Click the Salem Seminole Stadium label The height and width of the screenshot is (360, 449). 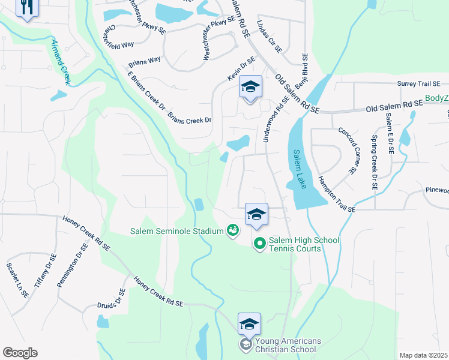[x=176, y=230]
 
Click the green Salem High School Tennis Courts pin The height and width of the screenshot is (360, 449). [x=259, y=244]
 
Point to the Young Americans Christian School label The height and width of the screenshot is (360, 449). [x=287, y=345]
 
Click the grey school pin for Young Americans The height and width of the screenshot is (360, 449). [x=246, y=344]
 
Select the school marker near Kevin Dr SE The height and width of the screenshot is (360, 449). [x=250, y=87]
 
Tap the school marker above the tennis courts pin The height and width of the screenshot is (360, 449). [x=256, y=215]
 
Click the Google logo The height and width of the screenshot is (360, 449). [x=20, y=352]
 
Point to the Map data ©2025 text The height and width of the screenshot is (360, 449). [x=423, y=355]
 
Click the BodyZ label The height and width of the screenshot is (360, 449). [x=436, y=98]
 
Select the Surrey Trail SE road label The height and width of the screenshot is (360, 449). [x=419, y=85]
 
